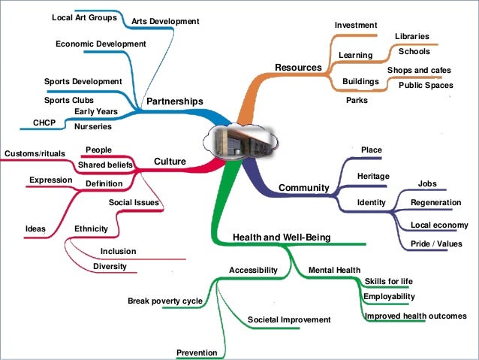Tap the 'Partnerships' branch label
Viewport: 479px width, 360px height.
point(174,101)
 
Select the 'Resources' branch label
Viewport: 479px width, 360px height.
point(297,68)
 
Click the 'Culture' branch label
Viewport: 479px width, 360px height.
point(170,162)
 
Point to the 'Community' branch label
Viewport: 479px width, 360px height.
point(304,187)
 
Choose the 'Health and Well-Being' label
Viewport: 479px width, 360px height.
point(281,237)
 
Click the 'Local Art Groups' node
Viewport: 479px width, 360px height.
point(83,17)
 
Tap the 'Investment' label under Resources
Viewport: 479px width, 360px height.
point(355,26)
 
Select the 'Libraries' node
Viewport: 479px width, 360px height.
point(411,36)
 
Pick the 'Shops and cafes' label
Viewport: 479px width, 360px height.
point(419,70)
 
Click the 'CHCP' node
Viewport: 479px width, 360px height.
point(44,122)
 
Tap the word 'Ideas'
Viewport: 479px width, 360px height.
point(35,228)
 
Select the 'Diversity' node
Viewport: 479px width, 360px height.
point(110,266)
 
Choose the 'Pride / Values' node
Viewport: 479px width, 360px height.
point(436,244)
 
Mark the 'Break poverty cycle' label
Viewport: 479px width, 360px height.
point(164,301)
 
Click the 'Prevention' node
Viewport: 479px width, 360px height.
point(197,352)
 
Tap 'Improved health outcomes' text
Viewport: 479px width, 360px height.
point(415,316)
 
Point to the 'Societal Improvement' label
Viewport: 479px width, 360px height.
point(289,319)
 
